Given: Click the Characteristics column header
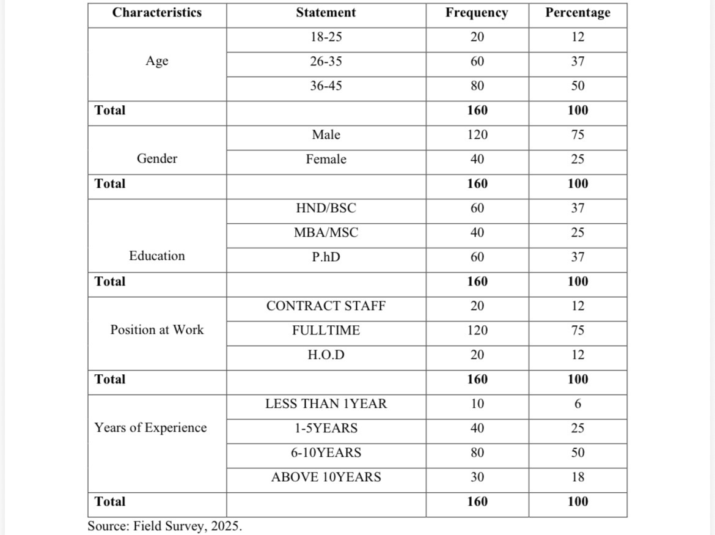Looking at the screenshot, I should (156, 12).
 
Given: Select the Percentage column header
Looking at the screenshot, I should (577, 12).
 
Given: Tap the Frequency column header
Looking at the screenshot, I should (477, 12).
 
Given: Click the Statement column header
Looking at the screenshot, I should (326, 12).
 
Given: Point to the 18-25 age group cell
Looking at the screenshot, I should (326, 37).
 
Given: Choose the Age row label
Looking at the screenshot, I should (157, 61).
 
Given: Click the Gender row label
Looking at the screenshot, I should (157, 159).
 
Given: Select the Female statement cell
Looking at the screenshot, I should (326, 159).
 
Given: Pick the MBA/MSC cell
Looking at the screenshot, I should (326, 232).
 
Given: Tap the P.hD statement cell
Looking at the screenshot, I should (326, 257).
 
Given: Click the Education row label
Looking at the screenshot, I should (157, 256).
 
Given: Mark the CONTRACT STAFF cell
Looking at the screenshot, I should (326, 306).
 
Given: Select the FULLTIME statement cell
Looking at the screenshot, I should (326, 330).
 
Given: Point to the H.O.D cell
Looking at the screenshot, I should (326, 355).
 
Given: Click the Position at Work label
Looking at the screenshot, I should (157, 330).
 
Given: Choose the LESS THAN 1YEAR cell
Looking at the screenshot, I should (326, 404).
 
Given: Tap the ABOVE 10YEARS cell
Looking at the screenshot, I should (326, 477).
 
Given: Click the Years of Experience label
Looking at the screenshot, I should (150, 428).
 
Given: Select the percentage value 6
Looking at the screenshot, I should (577, 404).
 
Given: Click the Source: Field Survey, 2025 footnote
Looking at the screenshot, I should (164, 526).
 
